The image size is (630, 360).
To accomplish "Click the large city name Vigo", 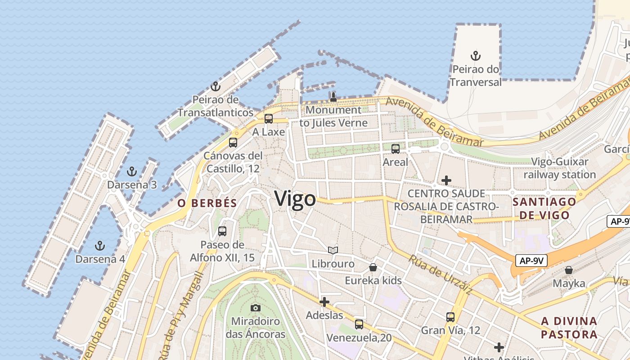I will [295, 198].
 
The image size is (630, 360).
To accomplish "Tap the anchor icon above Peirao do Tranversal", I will [476, 56].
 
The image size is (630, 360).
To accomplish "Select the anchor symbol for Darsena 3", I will [131, 171].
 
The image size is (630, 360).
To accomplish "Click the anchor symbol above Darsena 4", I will [100, 246].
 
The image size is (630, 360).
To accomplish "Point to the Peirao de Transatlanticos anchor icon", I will [216, 86].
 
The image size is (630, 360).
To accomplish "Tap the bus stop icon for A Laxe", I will [269, 119].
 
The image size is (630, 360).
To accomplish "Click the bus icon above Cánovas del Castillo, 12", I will [233, 143].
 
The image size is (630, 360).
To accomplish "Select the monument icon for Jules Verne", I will [333, 97].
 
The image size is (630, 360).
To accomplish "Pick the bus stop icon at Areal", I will [395, 149].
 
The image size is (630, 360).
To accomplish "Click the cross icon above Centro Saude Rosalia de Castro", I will [446, 180].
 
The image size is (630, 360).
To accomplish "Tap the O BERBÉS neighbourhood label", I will [207, 203].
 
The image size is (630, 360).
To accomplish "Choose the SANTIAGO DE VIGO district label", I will [544, 208].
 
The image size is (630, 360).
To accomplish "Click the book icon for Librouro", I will [333, 251].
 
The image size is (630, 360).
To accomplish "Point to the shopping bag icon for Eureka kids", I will [373, 268].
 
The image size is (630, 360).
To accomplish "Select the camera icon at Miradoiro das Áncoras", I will [255, 308].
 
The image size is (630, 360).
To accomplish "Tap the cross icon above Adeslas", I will [324, 302].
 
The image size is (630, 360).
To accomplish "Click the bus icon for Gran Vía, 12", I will [450, 317].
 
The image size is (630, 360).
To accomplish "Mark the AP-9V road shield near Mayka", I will [531, 261].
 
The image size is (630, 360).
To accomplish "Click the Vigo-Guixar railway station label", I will [559, 168].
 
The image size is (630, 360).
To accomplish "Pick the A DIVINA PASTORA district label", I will [569, 328].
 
